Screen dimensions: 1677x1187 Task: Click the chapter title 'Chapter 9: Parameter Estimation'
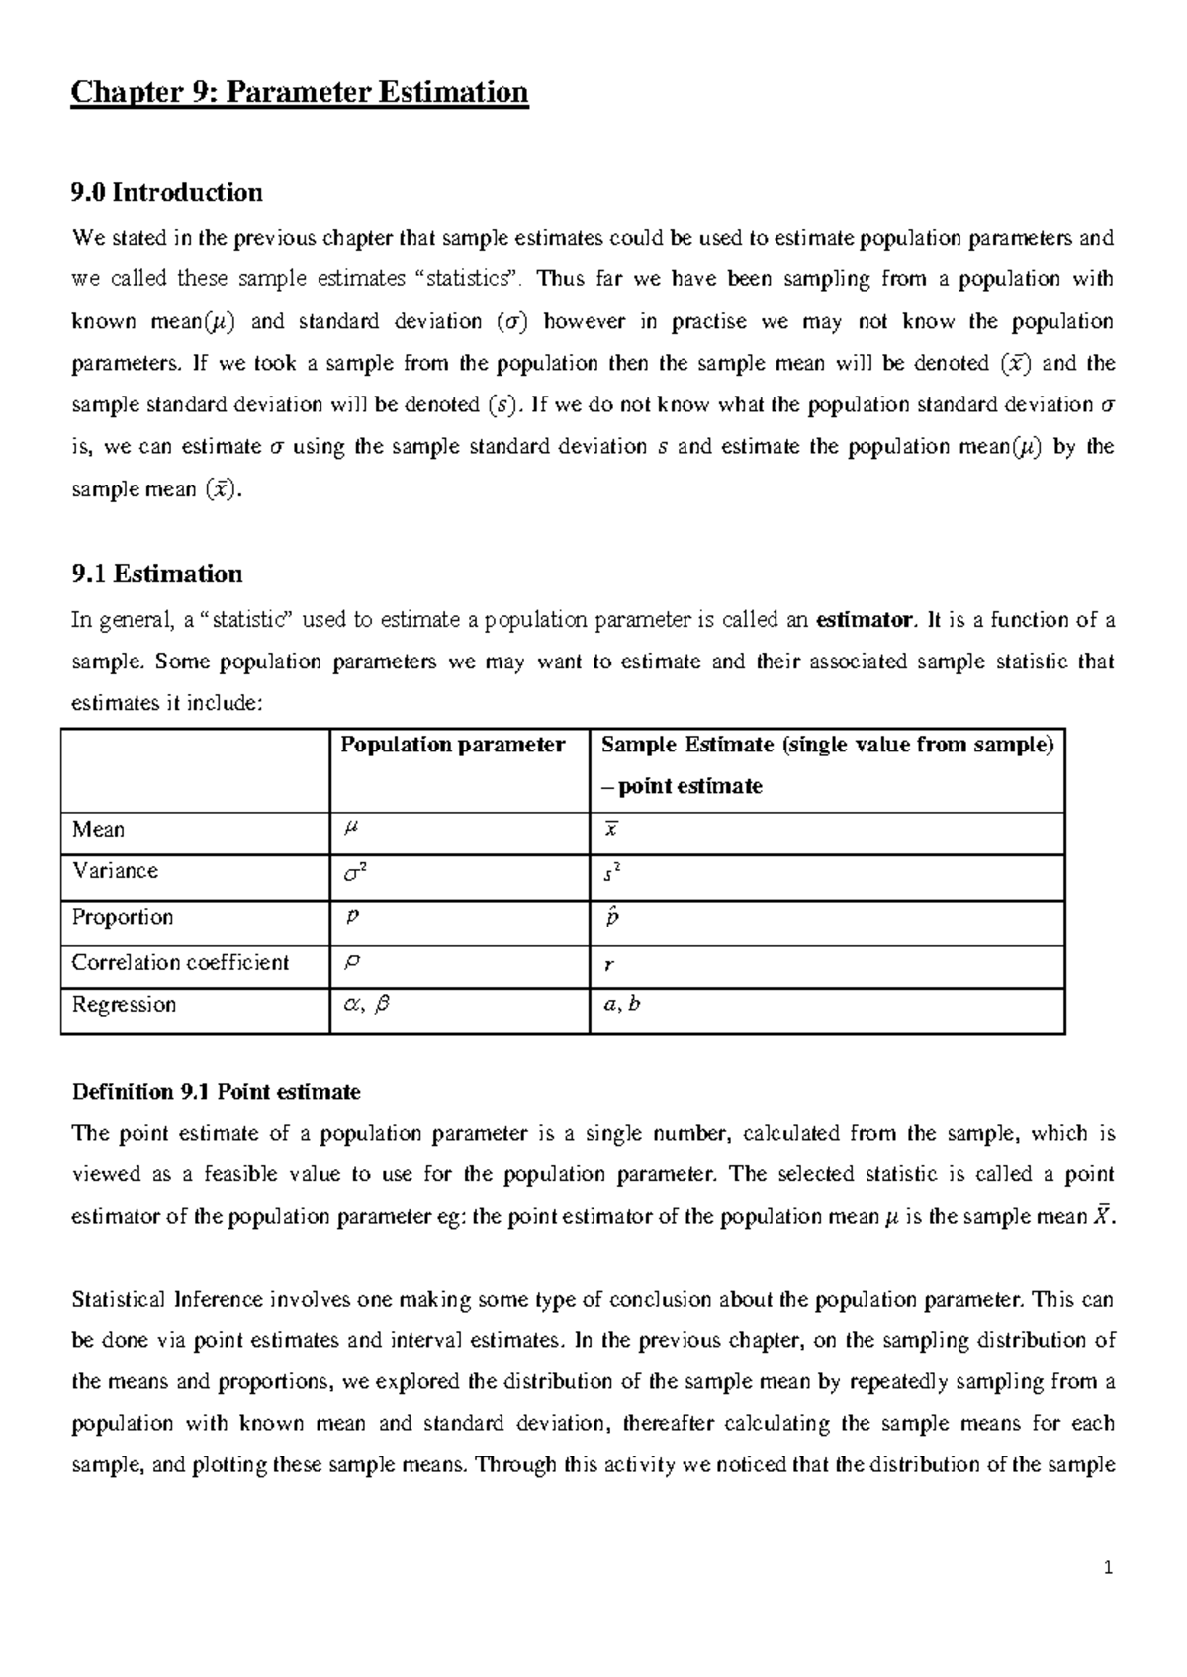[x=300, y=93]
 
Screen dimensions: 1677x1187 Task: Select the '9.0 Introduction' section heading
[x=167, y=192]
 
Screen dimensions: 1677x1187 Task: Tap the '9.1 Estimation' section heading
[x=157, y=574]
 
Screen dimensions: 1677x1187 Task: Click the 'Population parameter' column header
[x=452, y=746]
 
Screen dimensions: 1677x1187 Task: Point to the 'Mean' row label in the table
[x=98, y=830]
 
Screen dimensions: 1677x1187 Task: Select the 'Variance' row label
[x=115, y=871]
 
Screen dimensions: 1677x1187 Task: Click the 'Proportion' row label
[x=123, y=917]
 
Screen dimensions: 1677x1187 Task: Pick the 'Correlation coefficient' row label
[x=180, y=962]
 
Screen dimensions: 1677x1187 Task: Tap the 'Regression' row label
[x=124, y=1005]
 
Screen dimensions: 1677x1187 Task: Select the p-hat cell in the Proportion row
[x=613, y=918]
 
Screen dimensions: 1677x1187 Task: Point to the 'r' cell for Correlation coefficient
[x=608, y=966]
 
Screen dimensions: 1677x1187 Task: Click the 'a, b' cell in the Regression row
[x=622, y=1006]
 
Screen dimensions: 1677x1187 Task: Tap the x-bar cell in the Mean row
[x=611, y=830]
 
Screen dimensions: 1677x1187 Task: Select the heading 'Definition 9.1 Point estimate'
[x=216, y=1092]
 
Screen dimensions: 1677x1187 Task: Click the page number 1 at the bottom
[x=1109, y=1568]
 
